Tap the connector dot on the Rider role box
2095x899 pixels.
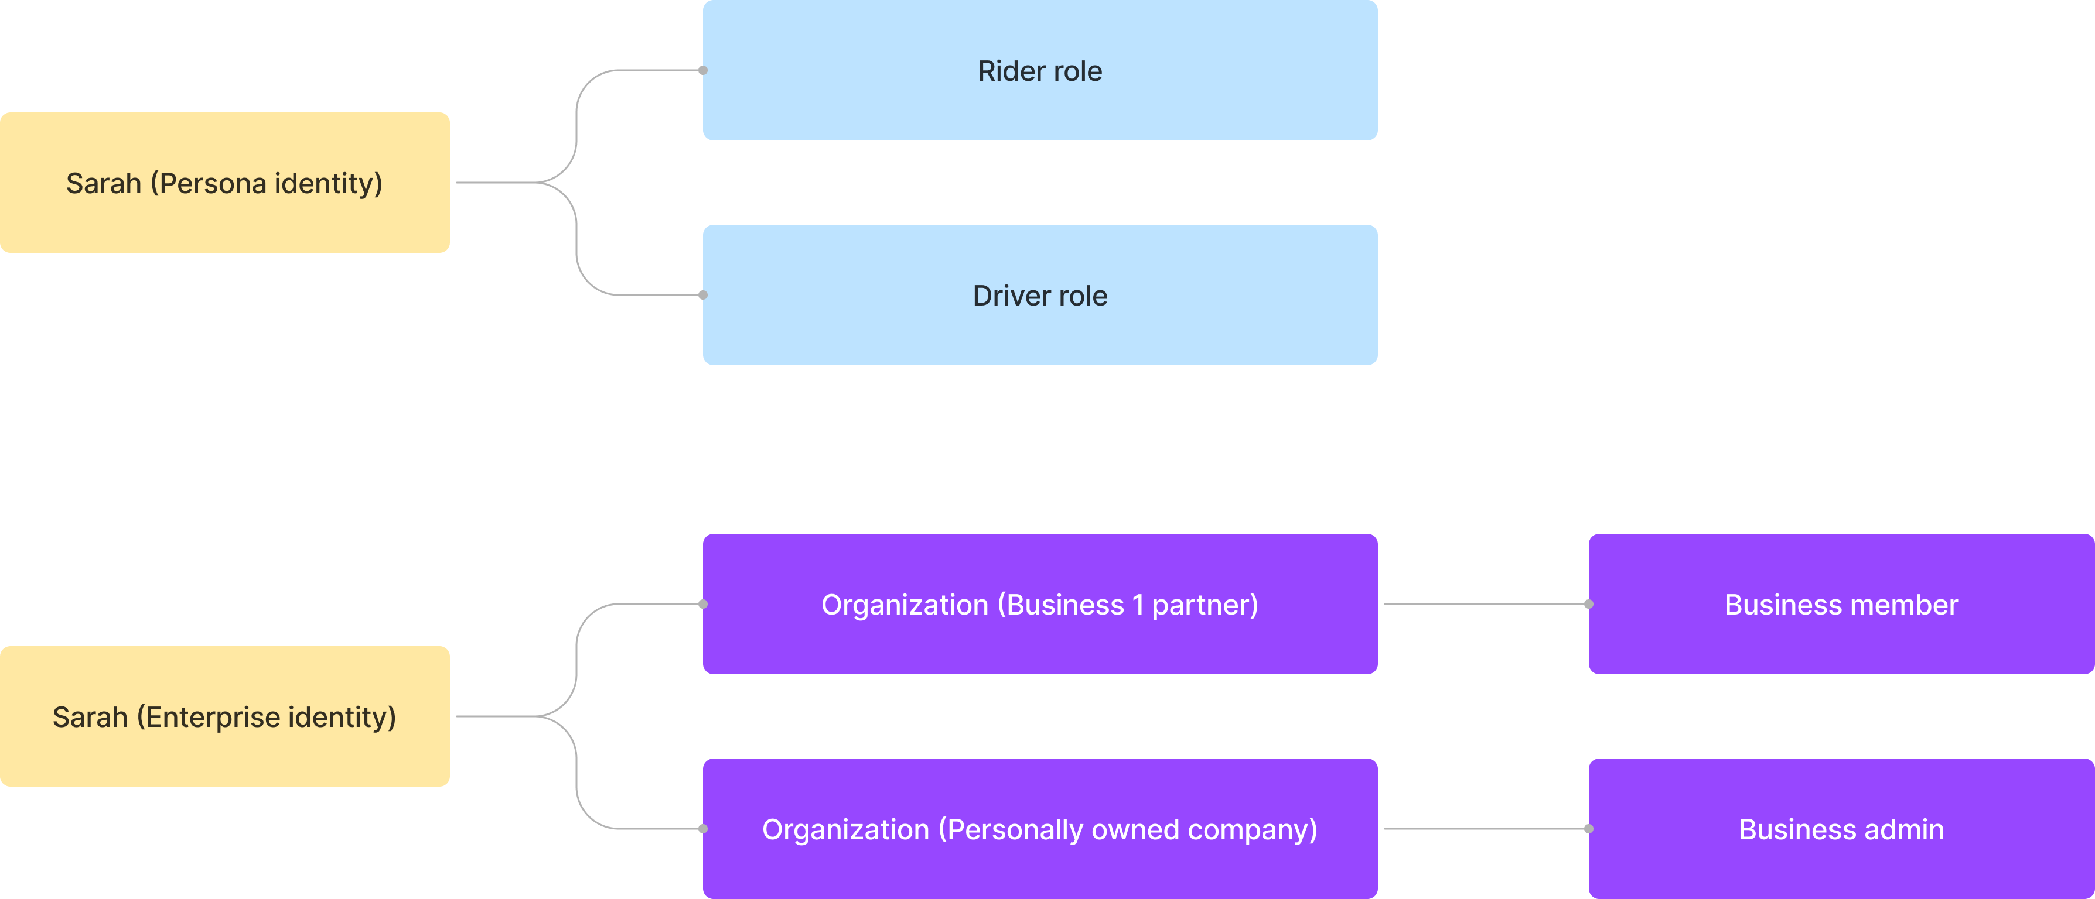pos(702,71)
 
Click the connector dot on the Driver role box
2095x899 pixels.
pos(702,295)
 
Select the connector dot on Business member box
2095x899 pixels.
pos(1588,604)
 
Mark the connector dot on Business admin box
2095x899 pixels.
pos(1588,829)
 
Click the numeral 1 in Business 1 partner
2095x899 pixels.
pos(1138,605)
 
